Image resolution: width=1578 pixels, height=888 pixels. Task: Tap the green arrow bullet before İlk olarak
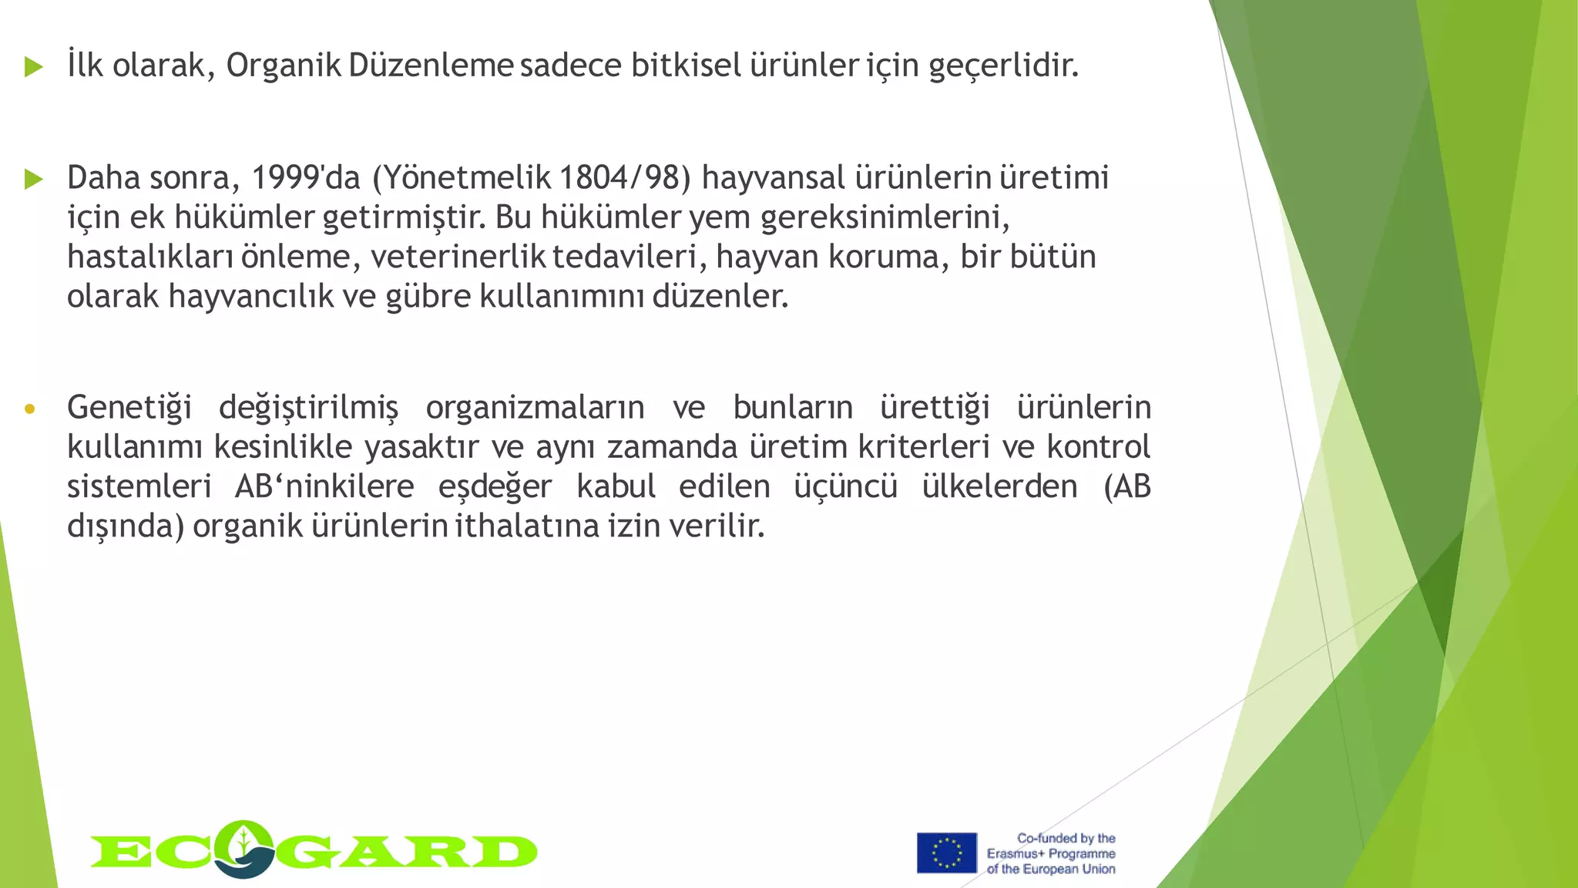[33, 66]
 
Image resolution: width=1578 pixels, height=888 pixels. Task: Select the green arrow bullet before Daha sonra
[33, 180]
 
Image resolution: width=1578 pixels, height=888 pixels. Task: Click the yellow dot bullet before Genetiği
[29, 409]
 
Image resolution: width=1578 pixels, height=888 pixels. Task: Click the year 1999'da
[305, 178]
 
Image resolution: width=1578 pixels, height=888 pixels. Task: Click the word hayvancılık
[250, 297]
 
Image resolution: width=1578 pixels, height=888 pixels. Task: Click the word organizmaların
[535, 408]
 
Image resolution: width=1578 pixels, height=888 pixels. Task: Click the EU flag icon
[946, 853]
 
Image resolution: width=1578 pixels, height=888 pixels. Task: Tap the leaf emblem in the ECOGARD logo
[244, 848]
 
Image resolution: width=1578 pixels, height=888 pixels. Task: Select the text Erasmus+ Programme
[1051, 853]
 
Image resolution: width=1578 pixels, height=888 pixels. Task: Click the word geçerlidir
[1003, 66]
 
